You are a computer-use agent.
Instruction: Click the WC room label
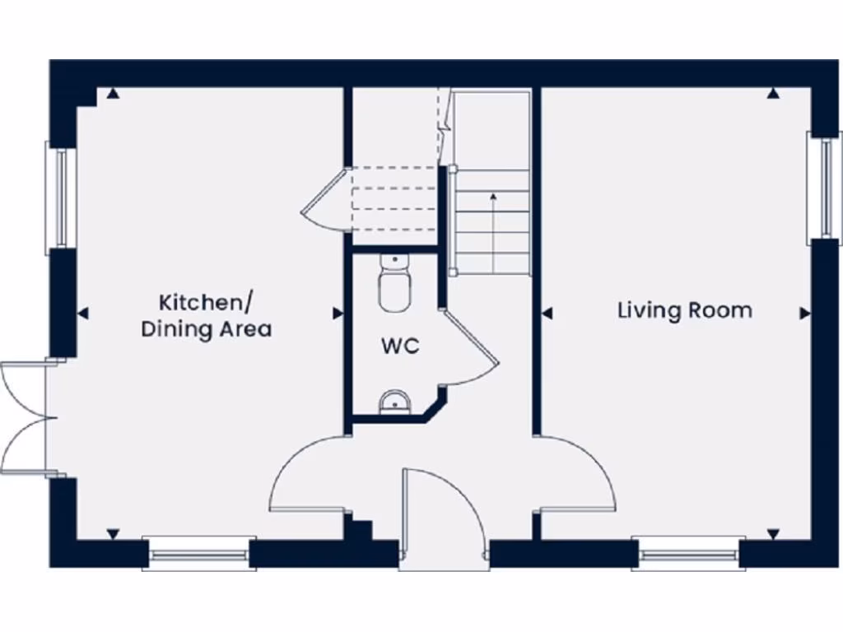(400, 346)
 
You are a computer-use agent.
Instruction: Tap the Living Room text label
(685, 310)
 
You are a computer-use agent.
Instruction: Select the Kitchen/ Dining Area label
(207, 316)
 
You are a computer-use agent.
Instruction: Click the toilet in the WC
(394, 283)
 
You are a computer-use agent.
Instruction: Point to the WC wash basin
(395, 402)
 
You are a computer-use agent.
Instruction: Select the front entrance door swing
(440, 510)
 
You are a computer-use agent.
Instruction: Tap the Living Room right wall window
(823, 186)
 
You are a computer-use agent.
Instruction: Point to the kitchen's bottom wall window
(198, 554)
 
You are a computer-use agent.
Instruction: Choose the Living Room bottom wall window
(688, 554)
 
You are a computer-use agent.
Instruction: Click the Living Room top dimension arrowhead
(772, 95)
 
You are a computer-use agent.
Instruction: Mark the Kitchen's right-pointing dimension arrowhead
(338, 314)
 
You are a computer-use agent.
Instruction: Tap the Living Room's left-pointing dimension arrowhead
(547, 314)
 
